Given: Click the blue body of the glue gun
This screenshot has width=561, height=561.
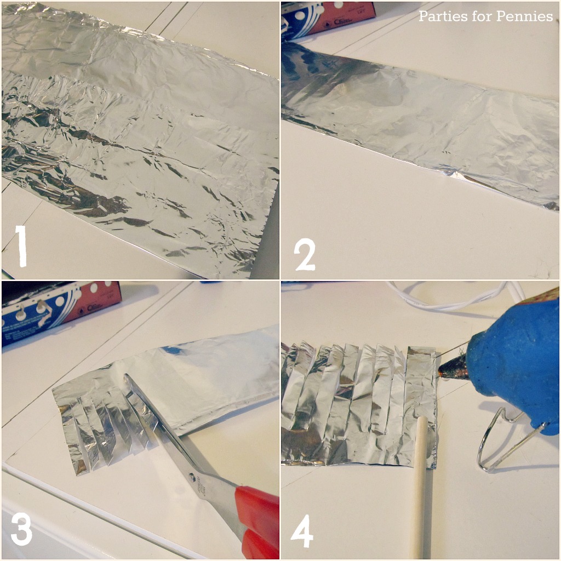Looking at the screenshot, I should (x=515, y=362).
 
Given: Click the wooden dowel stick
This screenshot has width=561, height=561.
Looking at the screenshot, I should (x=419, y=482).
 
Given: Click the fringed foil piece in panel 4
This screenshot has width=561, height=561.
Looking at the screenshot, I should (x=356, y=405).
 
